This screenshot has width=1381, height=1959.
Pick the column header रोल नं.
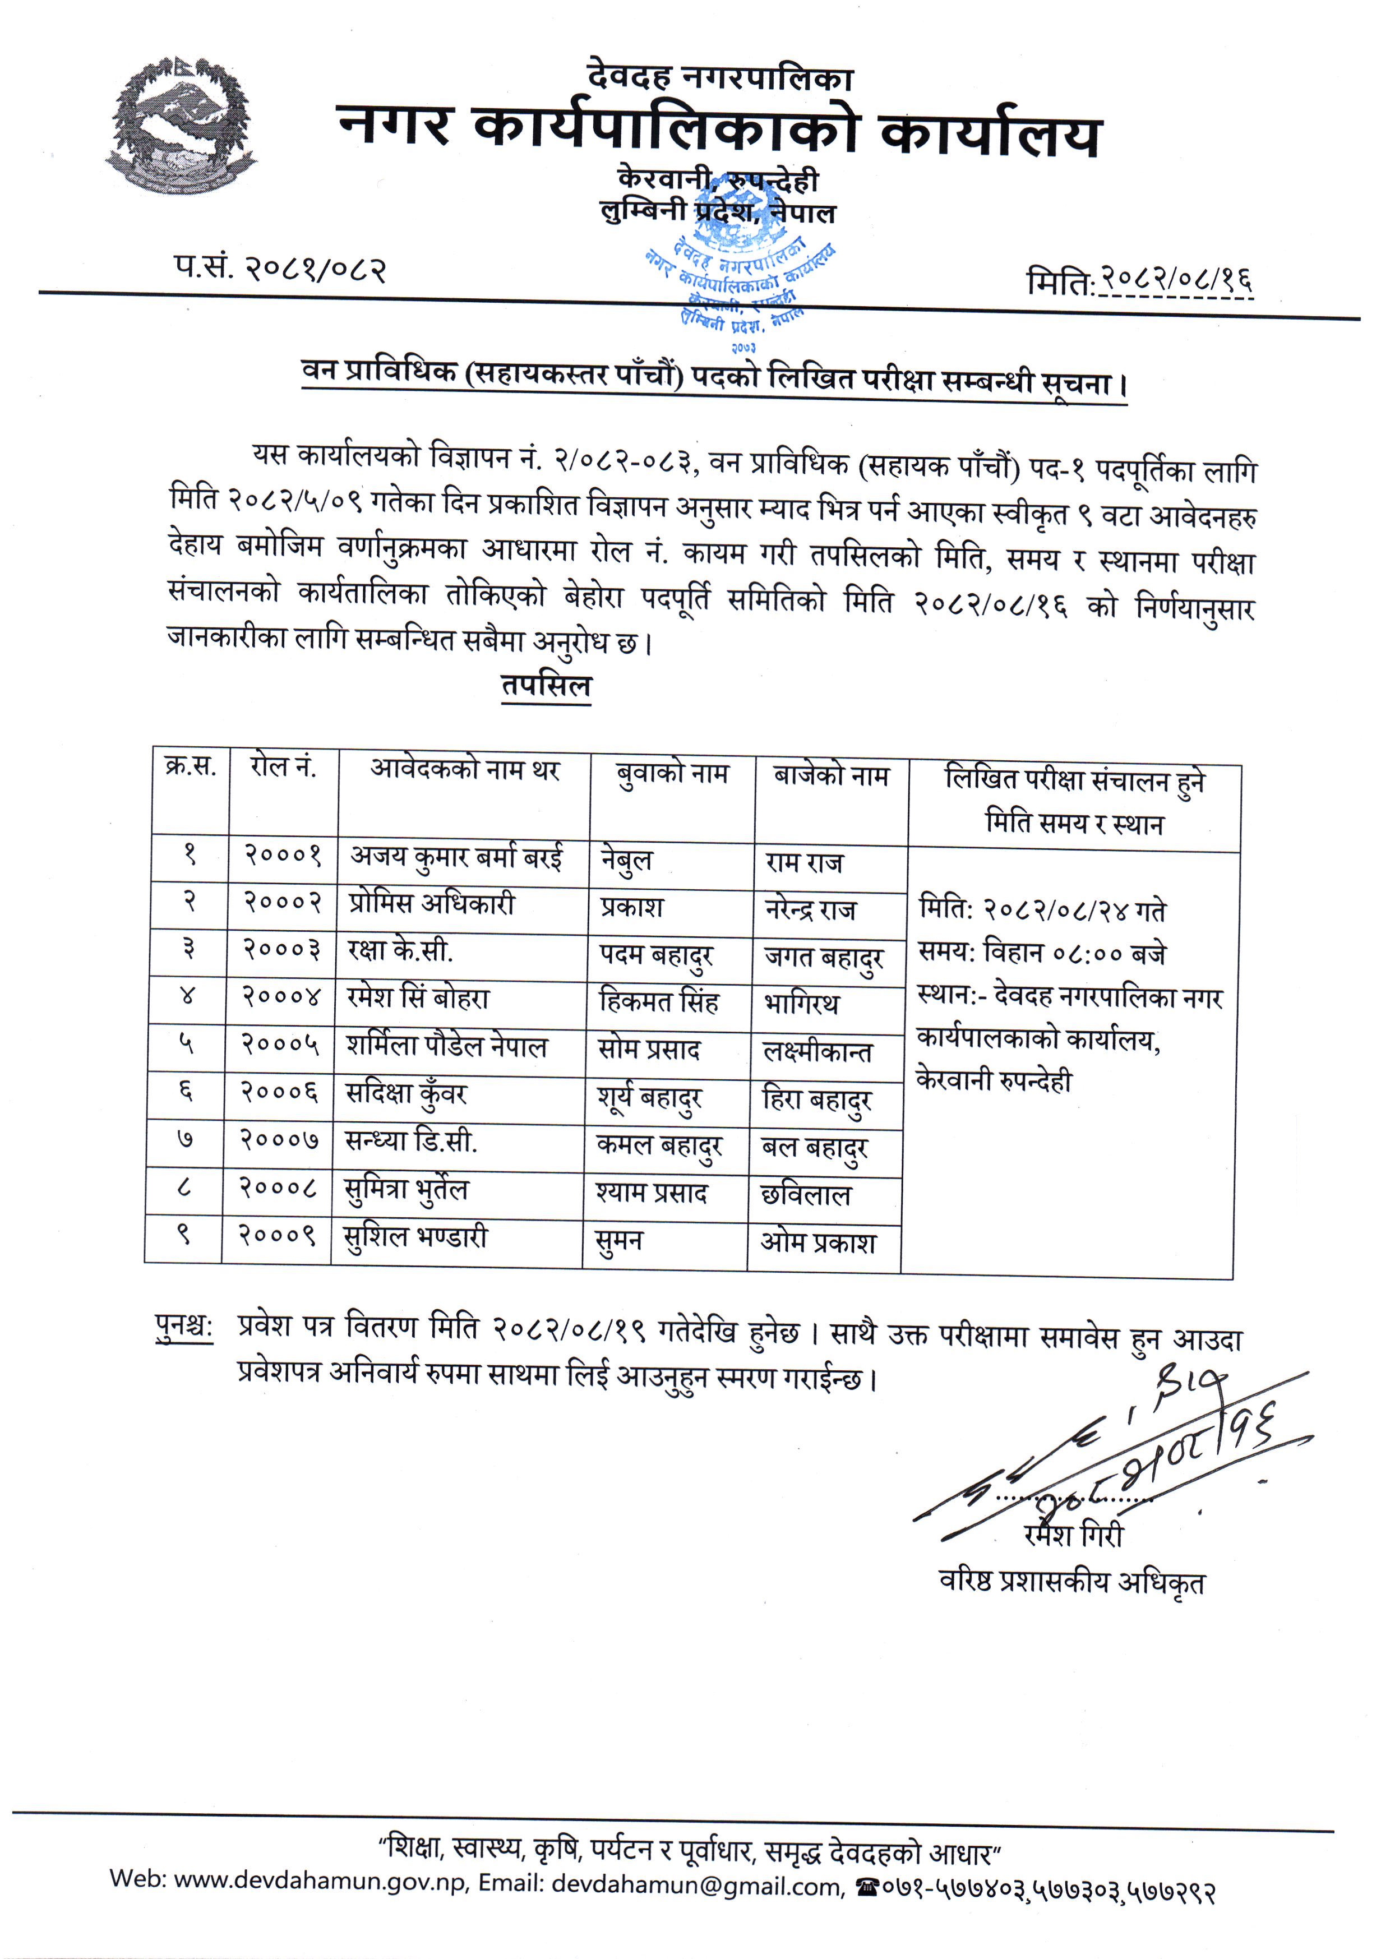[x=283, y=768]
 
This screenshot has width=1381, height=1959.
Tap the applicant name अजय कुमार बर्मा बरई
[x=456, y=857]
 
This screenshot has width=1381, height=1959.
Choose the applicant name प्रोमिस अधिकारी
[x=432, y=904]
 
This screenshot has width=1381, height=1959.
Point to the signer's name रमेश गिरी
[x=1074, y=1536]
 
